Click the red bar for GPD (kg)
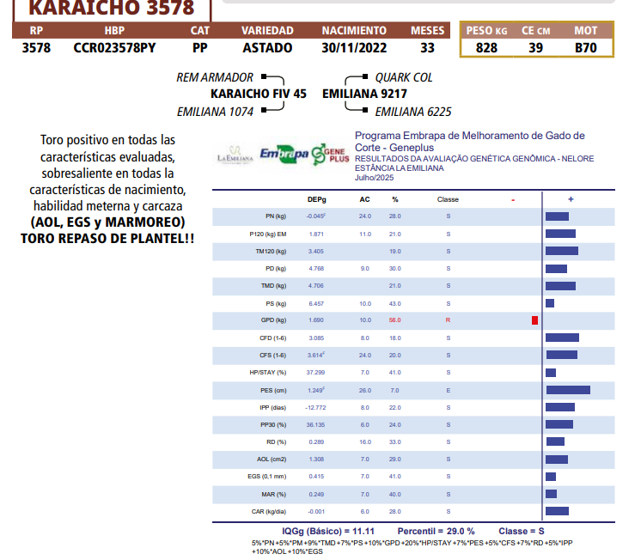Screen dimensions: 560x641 [534, 320]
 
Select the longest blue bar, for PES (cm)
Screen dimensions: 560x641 [568, 390]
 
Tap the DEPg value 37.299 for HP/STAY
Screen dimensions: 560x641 [315, 373]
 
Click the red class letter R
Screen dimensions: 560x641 [448, 320]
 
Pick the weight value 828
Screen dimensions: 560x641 [486, 48]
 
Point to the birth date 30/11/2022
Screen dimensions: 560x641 [354, 48]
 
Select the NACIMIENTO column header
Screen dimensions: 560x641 [354, 31]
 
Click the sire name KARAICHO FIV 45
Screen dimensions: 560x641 [258, 94]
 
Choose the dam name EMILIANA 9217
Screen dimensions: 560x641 [364, 94]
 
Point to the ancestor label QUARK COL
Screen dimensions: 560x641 [404, 77]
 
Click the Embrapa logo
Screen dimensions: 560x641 [284, 154]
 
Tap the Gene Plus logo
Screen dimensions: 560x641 [331, 155]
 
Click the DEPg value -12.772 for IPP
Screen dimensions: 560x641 [315, 407]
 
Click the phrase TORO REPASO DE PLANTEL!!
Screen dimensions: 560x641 [107, 235]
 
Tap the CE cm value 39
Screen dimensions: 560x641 [535, 48]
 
